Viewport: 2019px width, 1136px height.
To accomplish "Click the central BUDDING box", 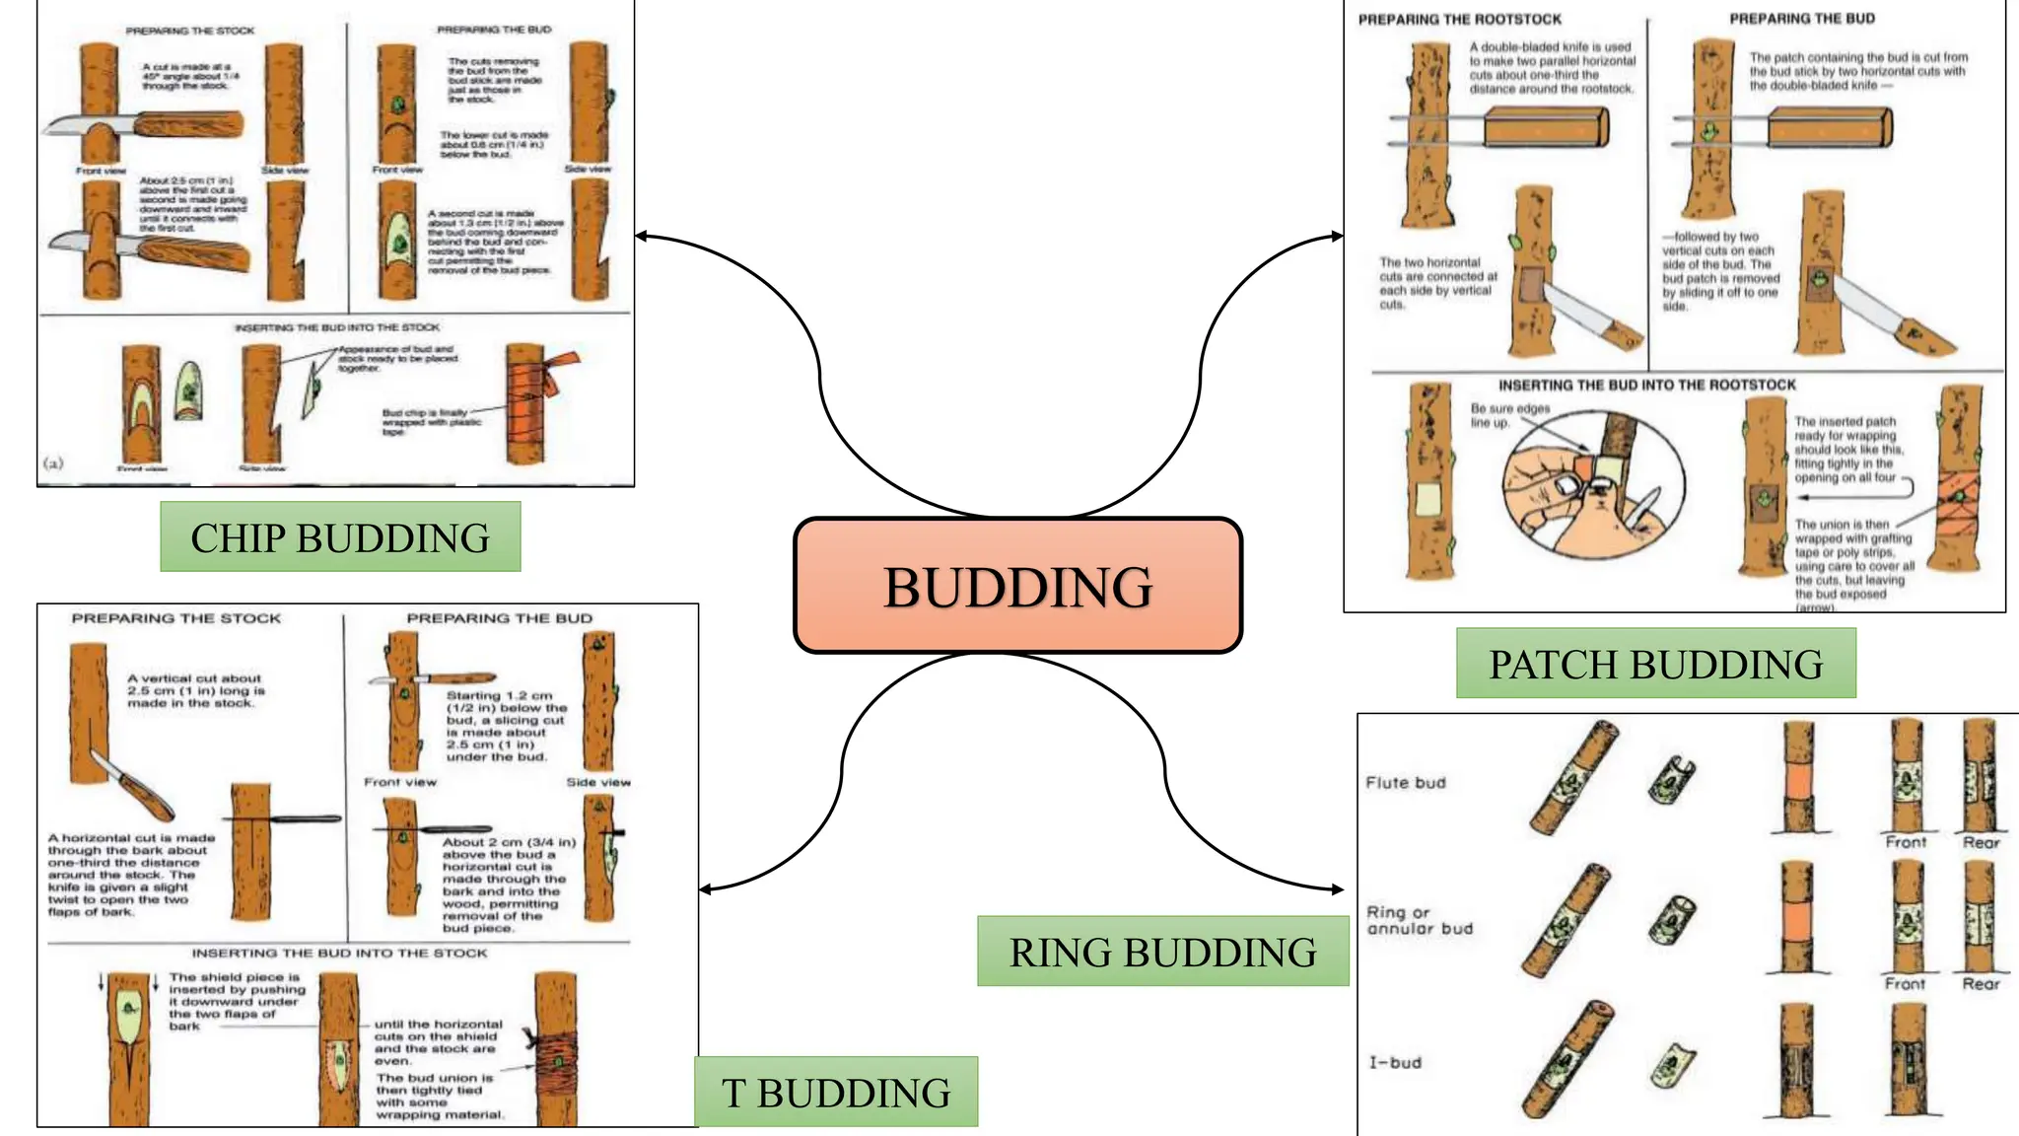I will pyautogui.click(x=1017, y=586).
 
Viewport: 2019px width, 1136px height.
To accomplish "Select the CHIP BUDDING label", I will pyautogui.click(x=340, y=537).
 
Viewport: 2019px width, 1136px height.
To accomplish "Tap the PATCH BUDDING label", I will pyautogui.click(x=1655, y=664).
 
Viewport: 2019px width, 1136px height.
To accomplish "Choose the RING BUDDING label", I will pyautogui.click(x=1162, y=952).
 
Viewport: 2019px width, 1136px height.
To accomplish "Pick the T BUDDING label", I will pyautogui.click(x=836, y=1093).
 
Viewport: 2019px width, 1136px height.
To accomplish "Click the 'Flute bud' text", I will pyautogui.click(x=1405, y=783).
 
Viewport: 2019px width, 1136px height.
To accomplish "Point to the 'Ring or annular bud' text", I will pyautogui.click(x=1419, y=920).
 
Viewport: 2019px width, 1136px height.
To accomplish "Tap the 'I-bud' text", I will pyautogui.click(x=1395, y=1063).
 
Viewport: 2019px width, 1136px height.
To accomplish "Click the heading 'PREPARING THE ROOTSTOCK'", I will pyautogui.click(x=1460, y=20).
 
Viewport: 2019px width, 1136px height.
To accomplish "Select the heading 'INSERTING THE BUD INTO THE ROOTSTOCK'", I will pyautogui.click(x=1647, y=386).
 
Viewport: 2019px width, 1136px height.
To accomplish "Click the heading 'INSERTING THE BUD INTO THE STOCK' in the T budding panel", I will pyautogui.click(x=339, y=954).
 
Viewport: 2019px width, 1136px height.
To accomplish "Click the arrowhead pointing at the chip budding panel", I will pyautogui.click(x=641, y=236).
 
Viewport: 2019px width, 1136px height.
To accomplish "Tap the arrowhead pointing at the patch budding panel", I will pyautogui.click(x=1338, y=236).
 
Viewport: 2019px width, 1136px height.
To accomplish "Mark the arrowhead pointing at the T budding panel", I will pyautogui.click(x=705, y=889).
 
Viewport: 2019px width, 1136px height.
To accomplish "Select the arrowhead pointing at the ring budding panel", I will pyautogui.click(x=1338, y=889).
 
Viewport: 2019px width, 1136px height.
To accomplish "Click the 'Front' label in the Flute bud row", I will pyautogui.click(x=1905, y=842).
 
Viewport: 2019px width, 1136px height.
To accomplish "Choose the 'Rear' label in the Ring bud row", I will pyautogui.click(x=1980, y=984).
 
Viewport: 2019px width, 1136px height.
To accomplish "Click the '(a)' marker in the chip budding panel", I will pyautogui.click(x=53, y=462).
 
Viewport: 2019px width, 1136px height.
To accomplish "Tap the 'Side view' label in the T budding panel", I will pyautogui.click(x=598, y=782).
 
